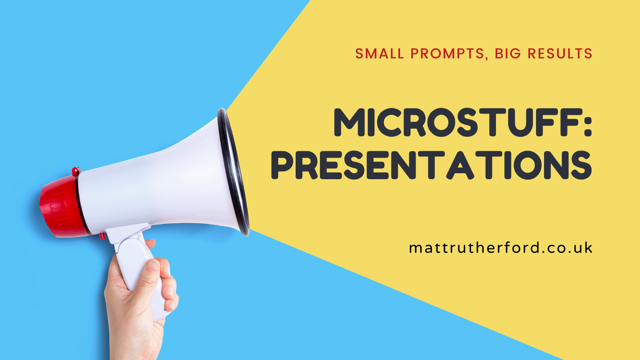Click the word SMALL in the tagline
(379, 54)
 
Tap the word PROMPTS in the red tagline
(447, 54)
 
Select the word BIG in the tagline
(508, 54)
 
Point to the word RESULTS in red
(560, 54)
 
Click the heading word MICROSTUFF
(456, 122)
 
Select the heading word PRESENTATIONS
(431, 165)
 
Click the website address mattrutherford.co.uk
(500, 248)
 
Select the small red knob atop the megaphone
(76, 172)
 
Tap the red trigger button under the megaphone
(102, 236)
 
